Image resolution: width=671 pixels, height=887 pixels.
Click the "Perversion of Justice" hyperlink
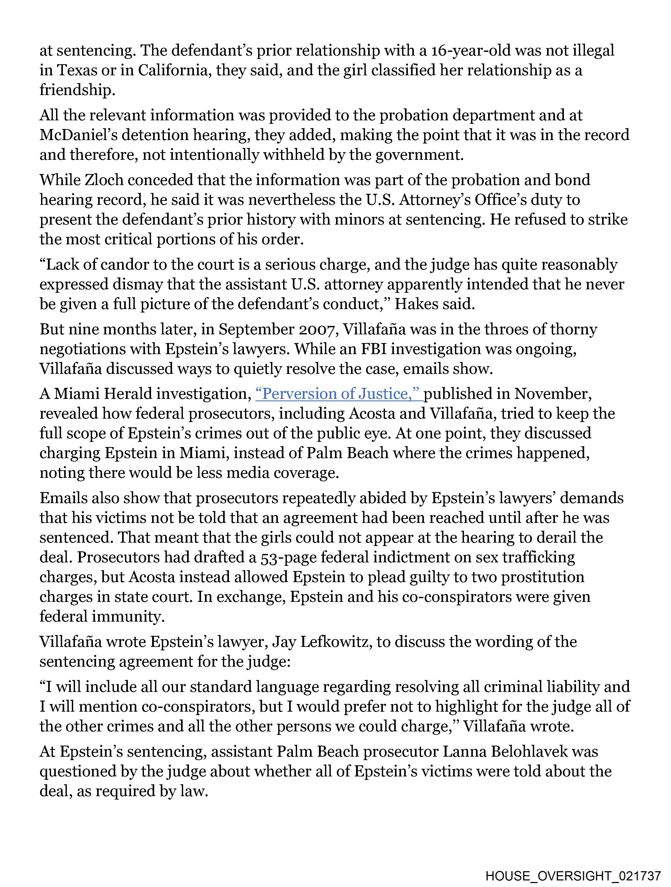[x=339, y=394]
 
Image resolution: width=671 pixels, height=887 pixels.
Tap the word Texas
[x=77, y=70]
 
